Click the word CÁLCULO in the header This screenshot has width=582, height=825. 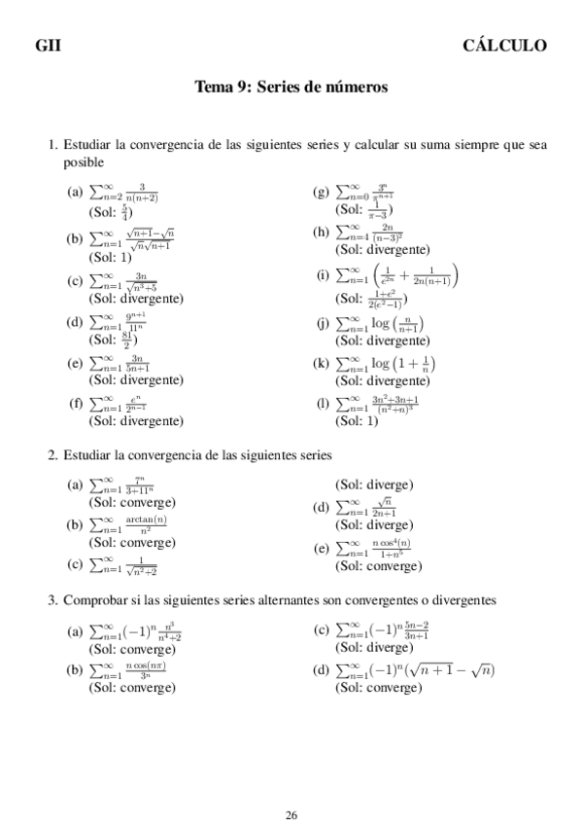(504, 46)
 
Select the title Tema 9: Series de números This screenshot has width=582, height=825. (291, 88)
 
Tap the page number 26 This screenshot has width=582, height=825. (291, 788)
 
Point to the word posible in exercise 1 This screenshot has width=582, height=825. (84, 162)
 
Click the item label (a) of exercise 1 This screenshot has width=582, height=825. (75, 192)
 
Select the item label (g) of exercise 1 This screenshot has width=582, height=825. (321, 192)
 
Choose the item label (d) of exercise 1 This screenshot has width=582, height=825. (75, 323)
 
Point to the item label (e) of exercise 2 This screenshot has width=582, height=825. (321, 549)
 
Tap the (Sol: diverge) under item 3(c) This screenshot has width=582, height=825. (374, 648)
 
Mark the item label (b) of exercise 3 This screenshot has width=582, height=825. (75, 671)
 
